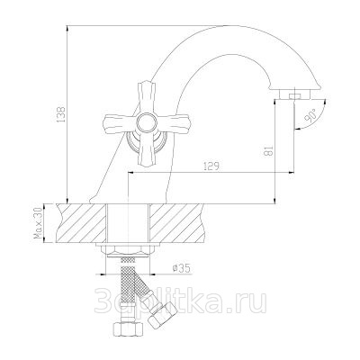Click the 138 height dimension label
[61, 113]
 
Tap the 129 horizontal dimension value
[211, 166]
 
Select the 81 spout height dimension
[269, 151]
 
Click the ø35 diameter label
[182, 268]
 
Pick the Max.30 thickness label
[39, 223]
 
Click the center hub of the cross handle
[146, 122]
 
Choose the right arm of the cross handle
[172, 123]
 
